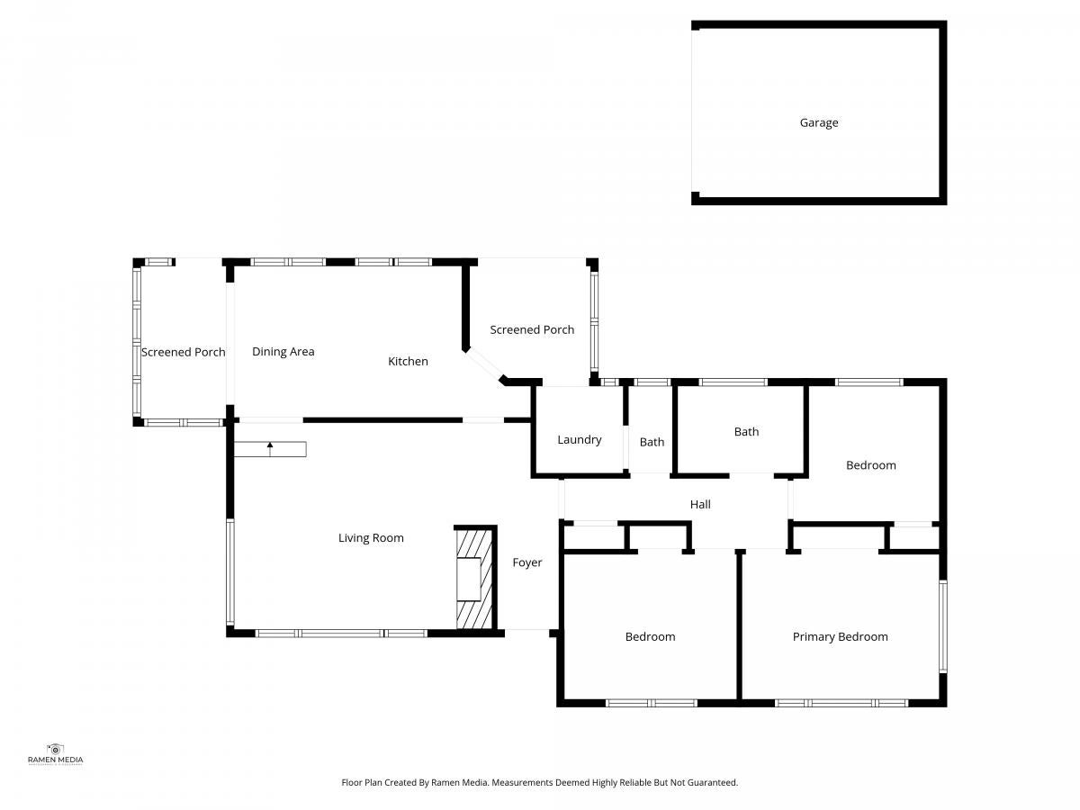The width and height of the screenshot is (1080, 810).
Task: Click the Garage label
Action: [819, 122]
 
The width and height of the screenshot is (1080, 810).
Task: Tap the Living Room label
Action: [371, 537]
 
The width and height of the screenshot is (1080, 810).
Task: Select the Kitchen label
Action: [408, 361]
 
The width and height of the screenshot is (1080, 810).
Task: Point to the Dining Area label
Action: [283, 352]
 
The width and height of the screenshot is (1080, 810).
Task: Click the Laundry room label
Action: [579, 440]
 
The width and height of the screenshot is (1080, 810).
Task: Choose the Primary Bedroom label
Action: [840, 637]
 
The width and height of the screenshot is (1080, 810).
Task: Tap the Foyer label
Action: [527, 562]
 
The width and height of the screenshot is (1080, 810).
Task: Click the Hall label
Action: [700, 504]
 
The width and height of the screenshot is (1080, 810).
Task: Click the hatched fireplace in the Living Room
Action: [474, 578]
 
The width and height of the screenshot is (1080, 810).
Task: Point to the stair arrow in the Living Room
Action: [270, 448]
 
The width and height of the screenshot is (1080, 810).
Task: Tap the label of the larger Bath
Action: [746, 432]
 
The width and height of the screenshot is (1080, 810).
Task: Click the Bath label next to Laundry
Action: [652, 442]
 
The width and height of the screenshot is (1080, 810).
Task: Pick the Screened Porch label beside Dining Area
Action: [183, 352]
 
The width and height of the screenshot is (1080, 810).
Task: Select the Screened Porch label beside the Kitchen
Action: [532, 329]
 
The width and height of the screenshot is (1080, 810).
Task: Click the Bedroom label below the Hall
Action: [650, 637]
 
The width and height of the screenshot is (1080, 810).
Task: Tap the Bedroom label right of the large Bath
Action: [871, 465]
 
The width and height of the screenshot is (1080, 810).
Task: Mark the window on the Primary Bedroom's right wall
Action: [942, 626]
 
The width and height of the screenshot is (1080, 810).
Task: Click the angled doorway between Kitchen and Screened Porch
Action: [484, 364]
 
